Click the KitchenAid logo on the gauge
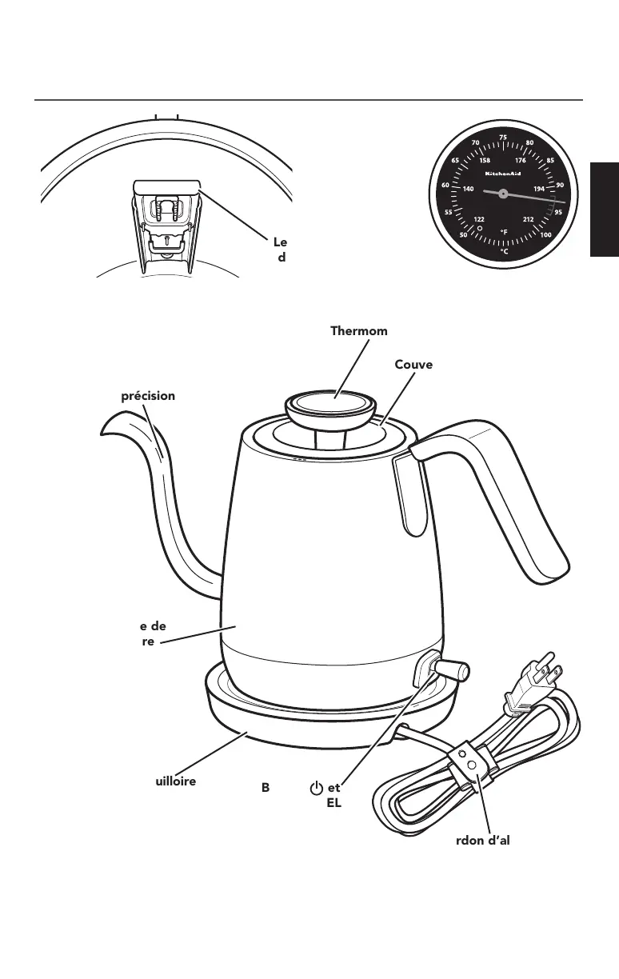[x=503, y=173]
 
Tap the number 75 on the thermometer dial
[x=502, y=138]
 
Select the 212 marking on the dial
[x=529, y=218]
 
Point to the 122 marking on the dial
[x=479, y=218]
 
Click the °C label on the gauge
[x=503, y=250]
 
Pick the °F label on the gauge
[x=504, y=232]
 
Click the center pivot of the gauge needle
[x=502, y=193]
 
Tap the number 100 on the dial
[x=546, y=234]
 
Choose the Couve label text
[x=413, y=365]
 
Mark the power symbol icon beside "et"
[x=317, y=788]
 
